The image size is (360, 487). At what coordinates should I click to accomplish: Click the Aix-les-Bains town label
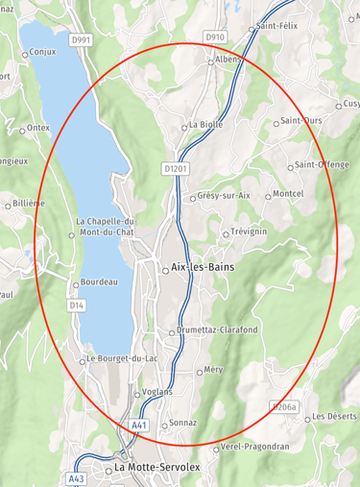[203, 268]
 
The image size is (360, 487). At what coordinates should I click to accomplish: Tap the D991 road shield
[81, 40]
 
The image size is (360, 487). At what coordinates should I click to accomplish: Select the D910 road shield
[215, 37]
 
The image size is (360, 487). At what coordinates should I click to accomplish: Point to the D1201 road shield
[174, 168]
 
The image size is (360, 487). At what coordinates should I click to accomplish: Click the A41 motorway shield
[139, 424]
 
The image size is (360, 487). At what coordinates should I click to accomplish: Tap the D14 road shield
[77, 304]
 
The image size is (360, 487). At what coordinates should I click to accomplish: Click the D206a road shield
[285, 407]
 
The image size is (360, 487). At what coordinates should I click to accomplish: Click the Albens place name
[229, 60]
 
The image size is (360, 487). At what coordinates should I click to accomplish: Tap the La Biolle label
[205, 125]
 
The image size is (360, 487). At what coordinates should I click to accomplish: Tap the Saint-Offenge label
[322, 164]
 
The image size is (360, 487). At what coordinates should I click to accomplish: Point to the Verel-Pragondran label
[253, 447]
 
